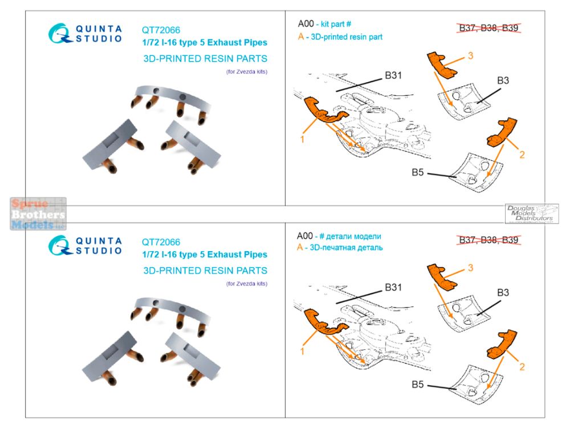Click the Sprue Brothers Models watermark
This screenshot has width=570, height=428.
tap(38, 214)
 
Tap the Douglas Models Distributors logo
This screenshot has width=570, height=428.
tap(531, 213)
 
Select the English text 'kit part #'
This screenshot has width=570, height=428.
tap(336, 25)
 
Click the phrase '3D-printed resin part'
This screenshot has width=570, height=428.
tap(347, 37)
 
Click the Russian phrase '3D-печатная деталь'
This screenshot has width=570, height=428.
tap(346, 248)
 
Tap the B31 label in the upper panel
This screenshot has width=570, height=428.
tap(393, 75)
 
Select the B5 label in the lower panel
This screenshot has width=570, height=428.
tap(418, 384)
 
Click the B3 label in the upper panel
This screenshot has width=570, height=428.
tap(503, 80)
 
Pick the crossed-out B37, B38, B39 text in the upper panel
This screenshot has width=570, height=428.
tap(488, 28)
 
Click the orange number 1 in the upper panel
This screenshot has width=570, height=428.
tap(302, 139)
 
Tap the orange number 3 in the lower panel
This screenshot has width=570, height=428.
tap(470, 268)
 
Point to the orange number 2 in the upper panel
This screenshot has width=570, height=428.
tap(522, 155)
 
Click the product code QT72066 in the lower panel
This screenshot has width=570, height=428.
tap(161, 242)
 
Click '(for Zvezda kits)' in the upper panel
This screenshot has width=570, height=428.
tap(247, 72)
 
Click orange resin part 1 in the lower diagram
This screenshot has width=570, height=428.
tap(324, 322)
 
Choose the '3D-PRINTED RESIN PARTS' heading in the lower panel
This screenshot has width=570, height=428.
tap(205, 270)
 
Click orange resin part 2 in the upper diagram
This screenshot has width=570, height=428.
tap(501, 132)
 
